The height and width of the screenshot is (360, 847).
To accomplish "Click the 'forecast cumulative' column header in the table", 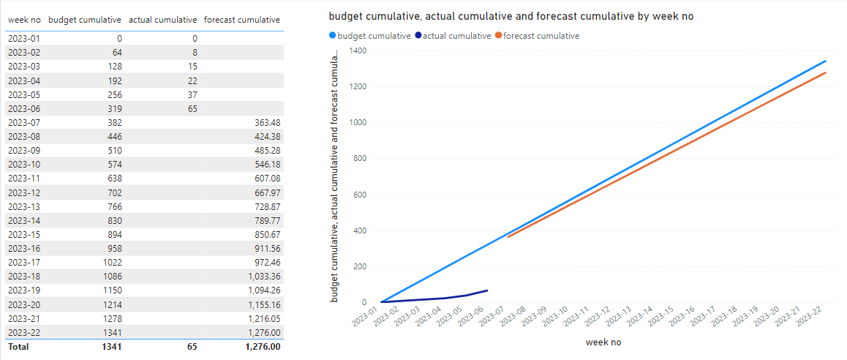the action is (x=241, y=20).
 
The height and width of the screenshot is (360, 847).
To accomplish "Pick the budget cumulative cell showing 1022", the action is (x=111, y=262).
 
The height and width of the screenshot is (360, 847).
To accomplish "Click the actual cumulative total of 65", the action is (x=192, y=346).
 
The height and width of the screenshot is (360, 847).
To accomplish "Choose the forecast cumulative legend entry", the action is (x=537, y=36).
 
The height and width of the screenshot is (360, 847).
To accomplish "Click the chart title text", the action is (x=511, y=16).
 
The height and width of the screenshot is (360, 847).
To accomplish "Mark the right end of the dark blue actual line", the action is (x=487, y=290).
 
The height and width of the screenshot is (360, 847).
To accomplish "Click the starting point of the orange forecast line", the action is (x=508, y=237).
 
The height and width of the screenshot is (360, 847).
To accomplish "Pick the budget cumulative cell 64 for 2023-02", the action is (x=116, y=53).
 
